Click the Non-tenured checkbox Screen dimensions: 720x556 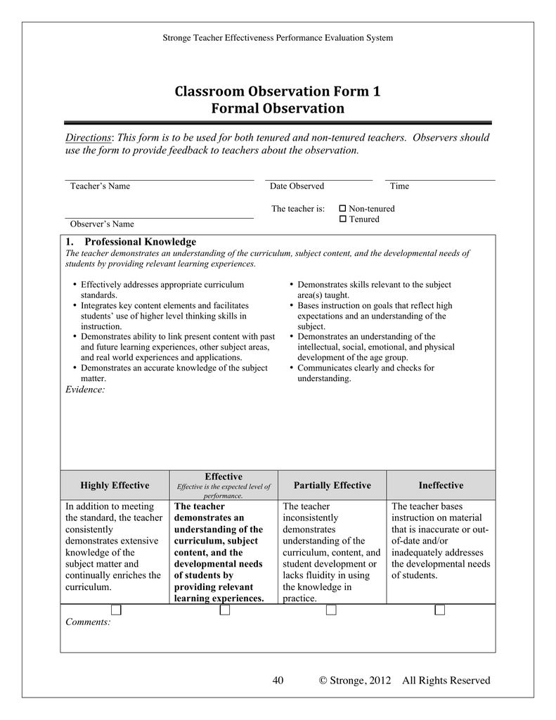342,209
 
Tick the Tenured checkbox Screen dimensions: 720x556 342,219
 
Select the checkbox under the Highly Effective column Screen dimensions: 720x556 115,610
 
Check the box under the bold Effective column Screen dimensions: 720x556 224,610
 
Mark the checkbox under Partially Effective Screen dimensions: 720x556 331,610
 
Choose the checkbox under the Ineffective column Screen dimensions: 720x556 440,610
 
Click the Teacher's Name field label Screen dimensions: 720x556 100,186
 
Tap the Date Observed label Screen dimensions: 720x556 297,186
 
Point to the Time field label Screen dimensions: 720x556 399,186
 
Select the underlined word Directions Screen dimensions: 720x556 89,138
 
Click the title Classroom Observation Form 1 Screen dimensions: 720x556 278,91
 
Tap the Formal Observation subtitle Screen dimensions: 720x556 278,108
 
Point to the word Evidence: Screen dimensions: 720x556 85,390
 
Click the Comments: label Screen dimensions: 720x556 88,622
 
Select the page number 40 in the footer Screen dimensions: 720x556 278,680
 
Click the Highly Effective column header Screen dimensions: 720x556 115,485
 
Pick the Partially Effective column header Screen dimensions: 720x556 332,485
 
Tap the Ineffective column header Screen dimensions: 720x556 441,485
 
